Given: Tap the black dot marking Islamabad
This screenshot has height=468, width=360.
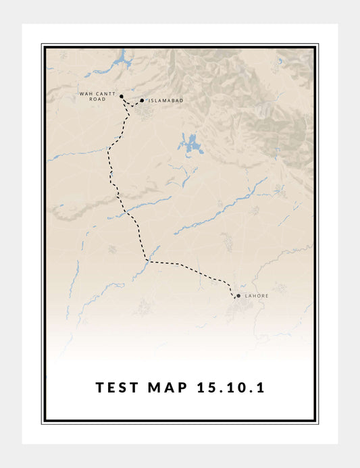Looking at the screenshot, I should [142, 101].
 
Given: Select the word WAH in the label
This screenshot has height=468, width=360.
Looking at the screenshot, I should [85, 94].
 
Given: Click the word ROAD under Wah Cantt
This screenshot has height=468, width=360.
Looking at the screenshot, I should [97, 99].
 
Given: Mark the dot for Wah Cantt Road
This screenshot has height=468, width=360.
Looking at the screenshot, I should [121, 97].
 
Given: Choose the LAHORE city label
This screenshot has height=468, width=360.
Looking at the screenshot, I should [257, 295].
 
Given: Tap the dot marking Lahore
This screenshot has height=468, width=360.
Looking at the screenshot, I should [238, 295].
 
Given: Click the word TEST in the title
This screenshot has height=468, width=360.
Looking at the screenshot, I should [118, 388].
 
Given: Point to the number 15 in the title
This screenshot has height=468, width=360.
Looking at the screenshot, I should [206, 388].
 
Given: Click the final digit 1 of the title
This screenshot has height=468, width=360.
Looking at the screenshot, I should [260, 388].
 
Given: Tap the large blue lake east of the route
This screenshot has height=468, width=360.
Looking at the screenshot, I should [190, 144].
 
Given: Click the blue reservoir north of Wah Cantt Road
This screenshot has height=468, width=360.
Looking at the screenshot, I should [122, 61].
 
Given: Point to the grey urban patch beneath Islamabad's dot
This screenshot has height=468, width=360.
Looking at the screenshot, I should [144, 111].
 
